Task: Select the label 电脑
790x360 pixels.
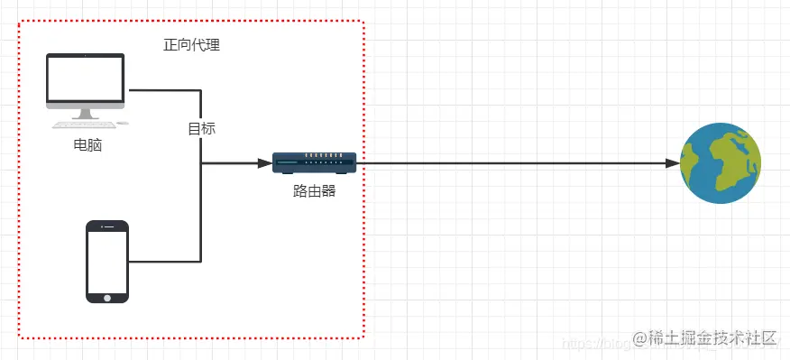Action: click(x=87, y=144)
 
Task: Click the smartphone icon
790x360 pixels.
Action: click(x=107, y=262)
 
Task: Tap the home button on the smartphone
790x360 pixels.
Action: click(x=107, y=296)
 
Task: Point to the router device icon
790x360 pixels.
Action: click(x=315, y=162)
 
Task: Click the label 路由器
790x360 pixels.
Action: click(x=315, y=190)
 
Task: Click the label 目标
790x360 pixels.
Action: click(x=201, y=128)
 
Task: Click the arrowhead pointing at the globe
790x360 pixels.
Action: click(x=673, y=163)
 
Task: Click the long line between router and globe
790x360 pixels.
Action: click(x=514, y=163)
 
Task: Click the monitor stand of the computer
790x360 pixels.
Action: click(x=87, y=115)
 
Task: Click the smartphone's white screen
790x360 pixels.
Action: click(x=107, y=260)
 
